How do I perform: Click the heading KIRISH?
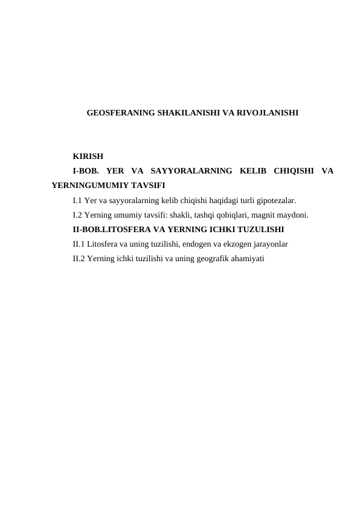pos(88,156)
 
